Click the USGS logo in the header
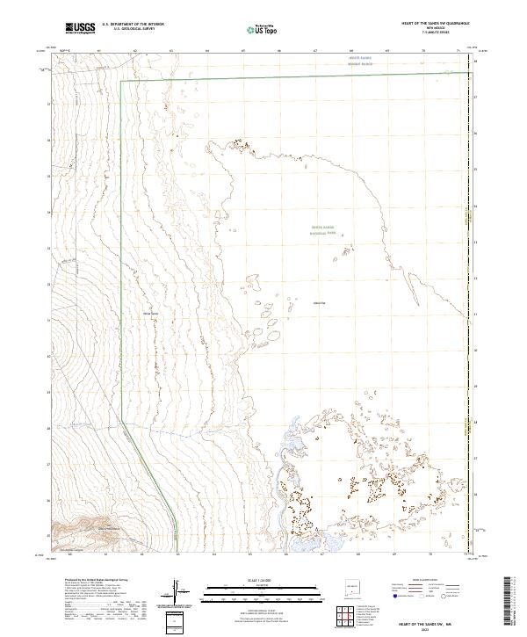80,28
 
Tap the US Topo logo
253,30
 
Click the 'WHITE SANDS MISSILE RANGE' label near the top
360,62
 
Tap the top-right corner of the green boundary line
467,72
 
